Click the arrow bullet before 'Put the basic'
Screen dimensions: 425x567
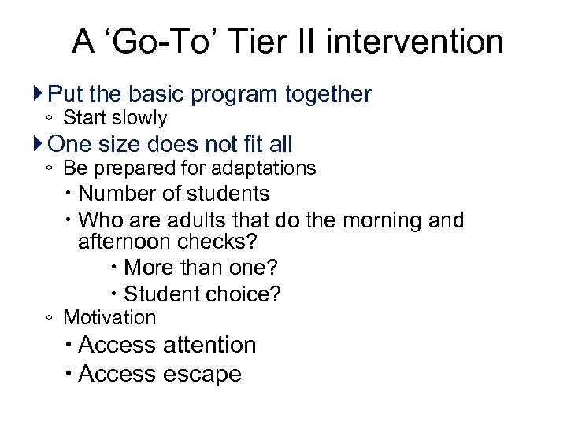pyautogui.click(x=39, y=94)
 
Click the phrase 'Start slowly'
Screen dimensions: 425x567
pyautogui.click(x=115, y=119)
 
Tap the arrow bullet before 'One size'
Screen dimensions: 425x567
pyautogui.click(x=39, y=144)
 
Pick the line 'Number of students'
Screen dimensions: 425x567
pyautogui.click(x=174, y=194)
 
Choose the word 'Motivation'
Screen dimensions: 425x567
pyautogui.click(x=109, y=317)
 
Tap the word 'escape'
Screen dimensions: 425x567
pyautogui.click(x=202, y=374)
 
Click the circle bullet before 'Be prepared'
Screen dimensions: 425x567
pyautogui.click(x=49, y=169)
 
